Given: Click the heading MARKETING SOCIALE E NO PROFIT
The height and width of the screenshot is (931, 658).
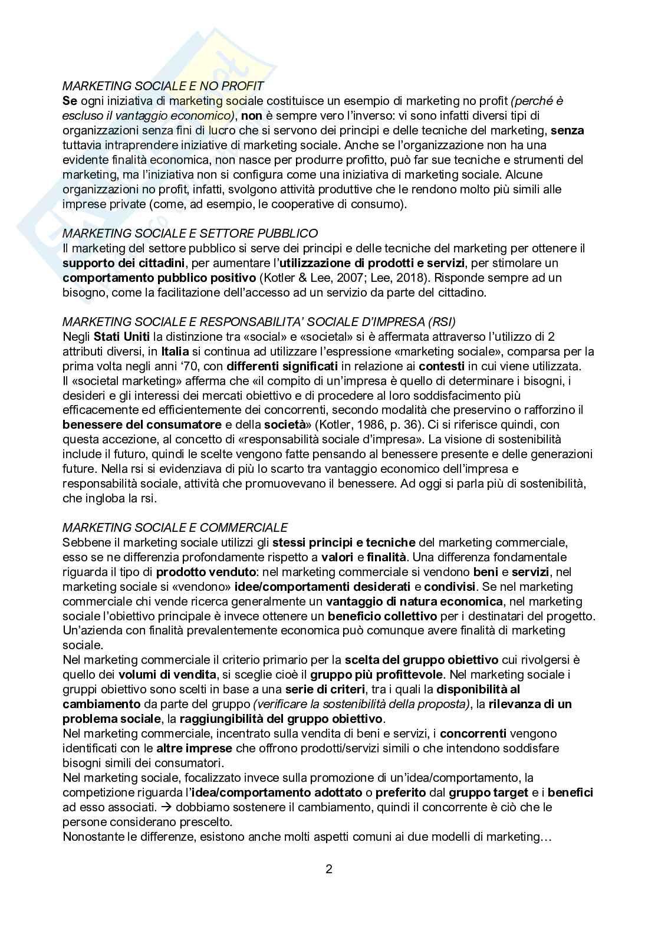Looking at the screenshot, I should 163,86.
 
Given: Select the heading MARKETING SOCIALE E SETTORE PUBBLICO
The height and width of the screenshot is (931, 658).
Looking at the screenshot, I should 190,233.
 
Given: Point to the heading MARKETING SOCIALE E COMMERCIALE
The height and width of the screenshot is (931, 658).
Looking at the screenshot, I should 175,527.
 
